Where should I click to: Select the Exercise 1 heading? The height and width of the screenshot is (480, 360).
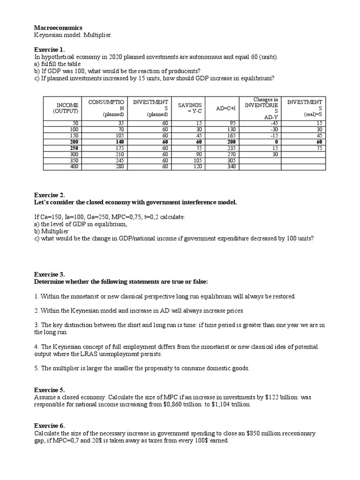tap(50, 49)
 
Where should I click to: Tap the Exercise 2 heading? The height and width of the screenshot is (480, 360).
tap(50, 195)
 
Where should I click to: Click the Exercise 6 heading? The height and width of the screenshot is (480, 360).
tap(50, 426)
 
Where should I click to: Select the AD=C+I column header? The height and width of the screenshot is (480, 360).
tap(226, 108)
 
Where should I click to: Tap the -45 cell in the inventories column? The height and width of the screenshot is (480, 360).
tap(275, 123)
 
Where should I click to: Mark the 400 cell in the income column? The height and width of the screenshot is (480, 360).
tap(74, 166)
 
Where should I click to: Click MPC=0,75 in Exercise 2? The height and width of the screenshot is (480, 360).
tap(136, 217)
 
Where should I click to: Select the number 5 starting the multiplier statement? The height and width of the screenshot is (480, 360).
tap(36, 368)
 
